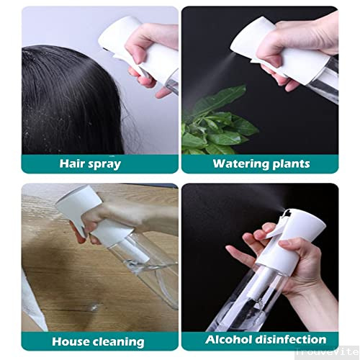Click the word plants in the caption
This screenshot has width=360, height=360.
pos(291,163)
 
